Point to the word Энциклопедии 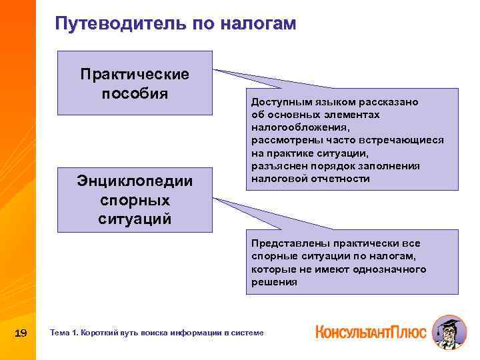[135, 181]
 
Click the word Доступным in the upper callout [279, 102]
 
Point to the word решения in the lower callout [274, 282]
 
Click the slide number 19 [20, 333]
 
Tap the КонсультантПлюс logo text [371, 331]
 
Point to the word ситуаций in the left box [135, 218]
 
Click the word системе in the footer [249, 333]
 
